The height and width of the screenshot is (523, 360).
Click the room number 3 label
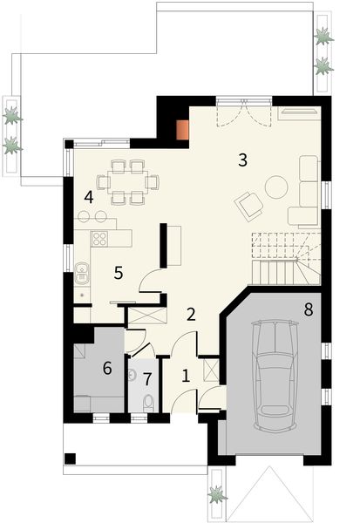tap(243, 160)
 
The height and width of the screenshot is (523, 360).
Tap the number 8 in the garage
tap(309, 309)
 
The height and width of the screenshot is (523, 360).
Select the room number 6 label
tap(107, 368)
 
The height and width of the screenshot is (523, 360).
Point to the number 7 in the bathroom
tap(147, 379)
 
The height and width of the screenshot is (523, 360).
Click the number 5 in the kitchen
tap(118, 272)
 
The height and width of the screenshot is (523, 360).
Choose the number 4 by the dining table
tap(89, 196)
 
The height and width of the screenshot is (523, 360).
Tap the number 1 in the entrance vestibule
tap(186, 376)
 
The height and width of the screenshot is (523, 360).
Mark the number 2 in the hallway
tap(192, 314)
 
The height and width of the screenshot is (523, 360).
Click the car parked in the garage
tap(275, 375)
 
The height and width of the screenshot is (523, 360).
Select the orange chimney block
tap(182, 129)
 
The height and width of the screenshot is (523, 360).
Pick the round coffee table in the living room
tap(276, 186)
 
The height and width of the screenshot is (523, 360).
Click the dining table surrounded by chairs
tap(128, 182)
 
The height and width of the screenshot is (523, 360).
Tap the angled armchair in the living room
tap(248, 206)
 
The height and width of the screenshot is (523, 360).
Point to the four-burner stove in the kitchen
tap(99, 238)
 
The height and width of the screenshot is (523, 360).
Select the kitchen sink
tap(81, 274)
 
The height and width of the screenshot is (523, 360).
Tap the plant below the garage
tap(217, 494)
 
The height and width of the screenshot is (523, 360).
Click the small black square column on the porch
tap(71, 458)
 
